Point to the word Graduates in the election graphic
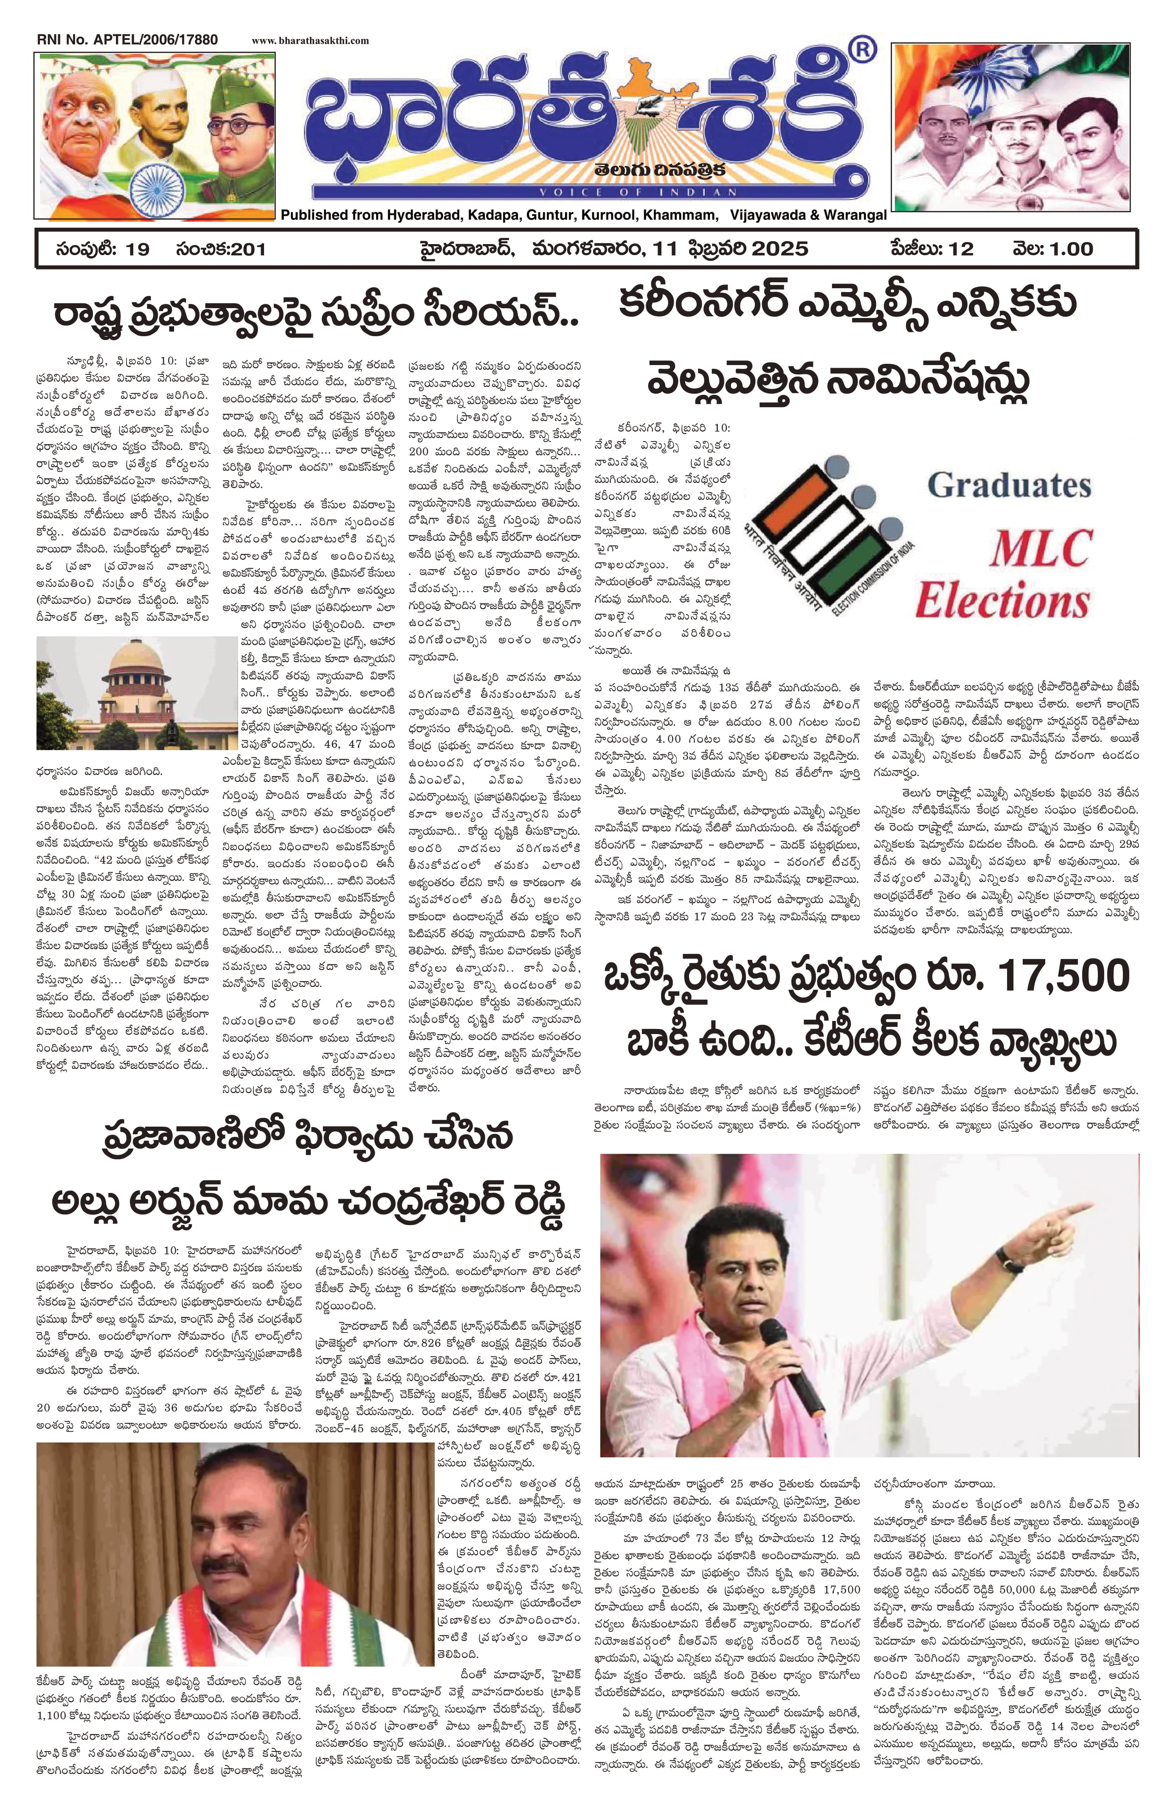point(1009,485)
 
